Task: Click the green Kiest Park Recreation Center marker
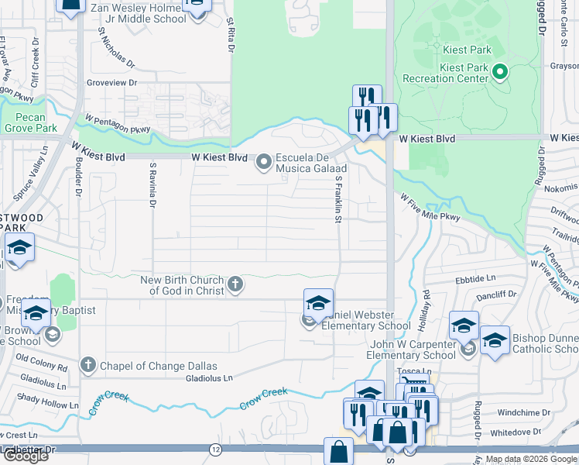point(500,74)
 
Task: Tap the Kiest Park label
point(468,50)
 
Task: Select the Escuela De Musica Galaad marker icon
point(265,162)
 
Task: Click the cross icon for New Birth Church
point(235,285)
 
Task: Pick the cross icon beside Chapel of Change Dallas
point(88,365)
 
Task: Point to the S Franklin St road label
point(338,199)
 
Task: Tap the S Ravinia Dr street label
point(153,185)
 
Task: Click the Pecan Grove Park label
point(29,122)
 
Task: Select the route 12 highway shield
point(214,449)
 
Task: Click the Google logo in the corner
point(25,456)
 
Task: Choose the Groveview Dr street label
point(112,82)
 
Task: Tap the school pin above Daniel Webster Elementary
point(317,303)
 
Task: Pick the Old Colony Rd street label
point(43,360)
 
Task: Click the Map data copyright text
point(531,459)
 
